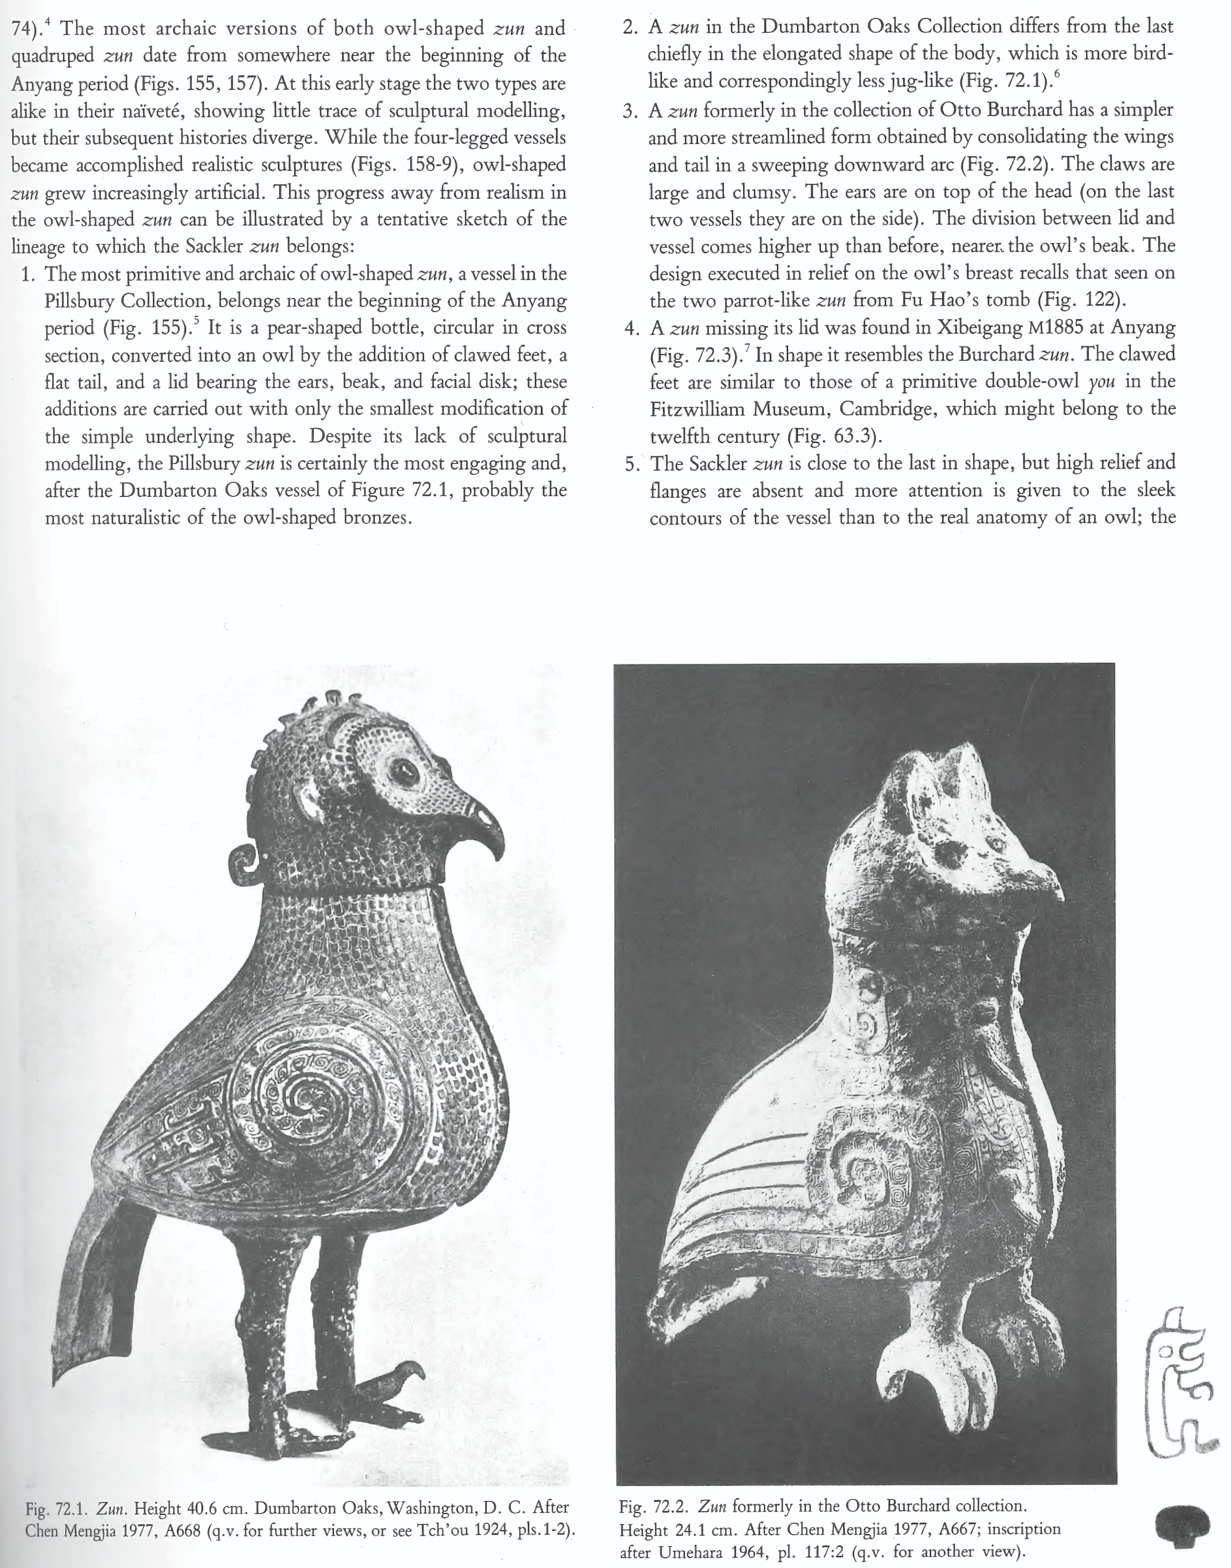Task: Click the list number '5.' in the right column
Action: point(634,463)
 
